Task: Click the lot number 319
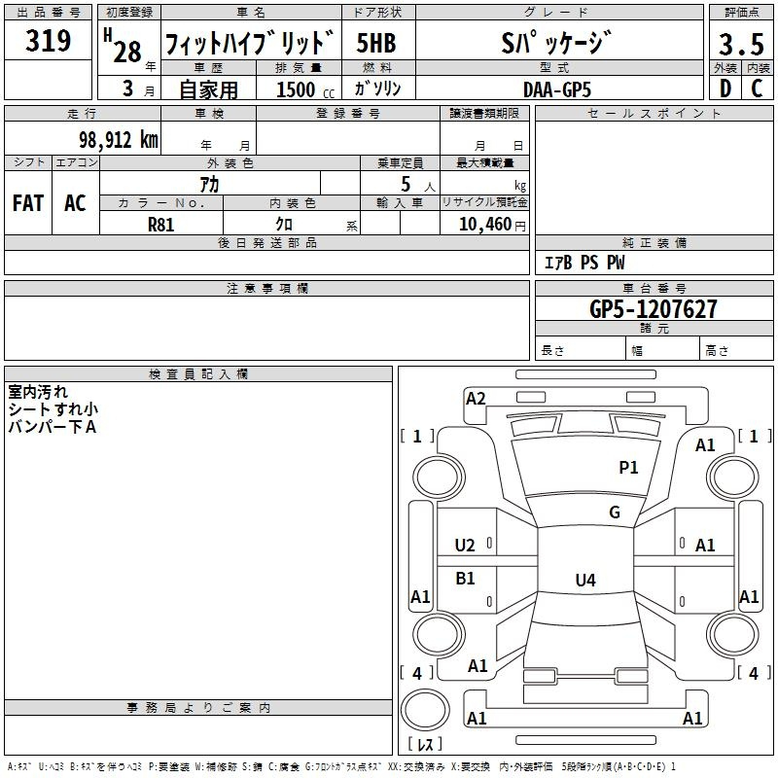coord(48,40)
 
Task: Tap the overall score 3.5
coord(741,44)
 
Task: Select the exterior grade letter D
coord(725,88)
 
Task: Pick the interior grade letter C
coord(757,88)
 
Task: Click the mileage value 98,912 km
coord(119,140)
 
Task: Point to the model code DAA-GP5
coord(557,89)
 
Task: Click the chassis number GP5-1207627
coord(654,309)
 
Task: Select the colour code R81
coord(161,225)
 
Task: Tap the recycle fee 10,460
coord(484,225)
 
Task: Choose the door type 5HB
coord(376,43)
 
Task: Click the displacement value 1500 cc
coord(305,89)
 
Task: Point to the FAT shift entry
coord(28,203)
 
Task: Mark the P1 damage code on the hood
coord(628,467)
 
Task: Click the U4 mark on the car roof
coord(585,580)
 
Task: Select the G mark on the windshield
coord(615,512)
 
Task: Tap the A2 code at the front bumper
coord(476,399)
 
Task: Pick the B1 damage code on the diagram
coord(465,578)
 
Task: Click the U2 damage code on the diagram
coord(465,546)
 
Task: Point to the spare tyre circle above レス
coord(425,710)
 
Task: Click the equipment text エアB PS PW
coord(584,263)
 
